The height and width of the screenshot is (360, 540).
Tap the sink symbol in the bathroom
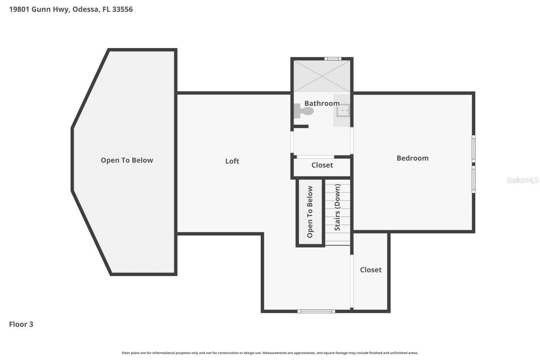coord(342,111)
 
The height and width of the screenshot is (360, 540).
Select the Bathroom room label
coord(322,103)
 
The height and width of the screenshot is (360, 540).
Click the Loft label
coord(232,161)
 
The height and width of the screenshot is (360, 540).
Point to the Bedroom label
coord(412,158)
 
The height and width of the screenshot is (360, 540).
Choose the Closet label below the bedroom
coord(371,270)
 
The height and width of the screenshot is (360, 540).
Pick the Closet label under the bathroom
coord(322,165)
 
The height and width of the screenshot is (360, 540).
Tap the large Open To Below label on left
coord(127,160)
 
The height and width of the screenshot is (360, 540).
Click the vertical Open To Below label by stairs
coord(310,212)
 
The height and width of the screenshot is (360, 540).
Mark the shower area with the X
coord(322,76)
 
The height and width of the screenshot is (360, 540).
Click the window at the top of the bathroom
coord(333,59)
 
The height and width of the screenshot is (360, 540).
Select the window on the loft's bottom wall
coord(316,311)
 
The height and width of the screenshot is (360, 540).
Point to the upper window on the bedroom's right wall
coord(473,149)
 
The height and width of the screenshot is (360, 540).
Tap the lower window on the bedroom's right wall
coord(473,179)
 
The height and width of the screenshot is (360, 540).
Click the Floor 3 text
coord(21,324)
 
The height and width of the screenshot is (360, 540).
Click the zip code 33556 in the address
coord(122,9)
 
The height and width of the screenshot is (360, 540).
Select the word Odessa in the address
coord(85,9)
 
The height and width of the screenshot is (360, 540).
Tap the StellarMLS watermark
coord(522,180)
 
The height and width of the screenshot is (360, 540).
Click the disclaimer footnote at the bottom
coord(270,353)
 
